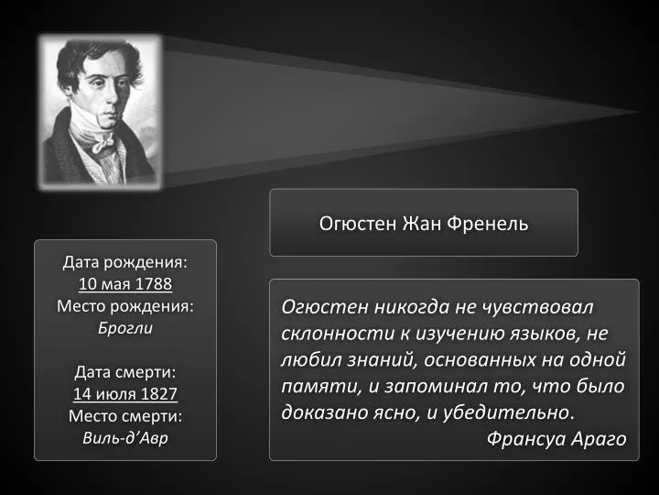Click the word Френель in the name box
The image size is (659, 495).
[487, 223]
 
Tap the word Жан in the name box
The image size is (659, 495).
[422, 223]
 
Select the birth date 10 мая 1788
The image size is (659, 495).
[125, 283]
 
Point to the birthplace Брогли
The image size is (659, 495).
[125, 328]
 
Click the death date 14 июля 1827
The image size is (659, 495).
[125, 394]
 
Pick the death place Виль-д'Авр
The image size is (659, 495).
[125, 438]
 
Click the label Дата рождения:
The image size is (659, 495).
[125, 262]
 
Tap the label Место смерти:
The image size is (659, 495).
[125, 416]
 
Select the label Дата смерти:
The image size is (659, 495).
[125, 372]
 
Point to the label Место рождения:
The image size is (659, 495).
[125, 306]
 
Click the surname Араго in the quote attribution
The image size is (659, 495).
[599, 439]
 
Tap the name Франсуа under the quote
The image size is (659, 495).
[526, 438]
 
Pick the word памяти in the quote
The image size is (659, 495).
[321, 387]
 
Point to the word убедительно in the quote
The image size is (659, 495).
[506, 412]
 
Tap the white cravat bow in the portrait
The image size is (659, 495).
[103, 142]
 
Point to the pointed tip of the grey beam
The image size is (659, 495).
[640, 112]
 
